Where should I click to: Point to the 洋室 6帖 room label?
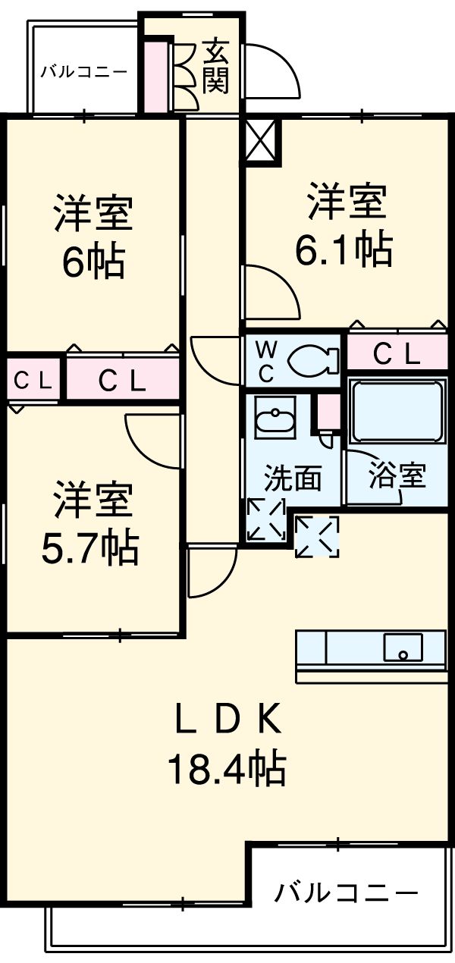[93, 237]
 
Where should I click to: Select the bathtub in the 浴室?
[396, 414]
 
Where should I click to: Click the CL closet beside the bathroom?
[397, 354]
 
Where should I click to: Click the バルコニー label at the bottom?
[346, 892]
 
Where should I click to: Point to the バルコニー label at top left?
[83, 73]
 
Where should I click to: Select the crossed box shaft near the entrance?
[262, 141]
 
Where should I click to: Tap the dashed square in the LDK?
[316, 537]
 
